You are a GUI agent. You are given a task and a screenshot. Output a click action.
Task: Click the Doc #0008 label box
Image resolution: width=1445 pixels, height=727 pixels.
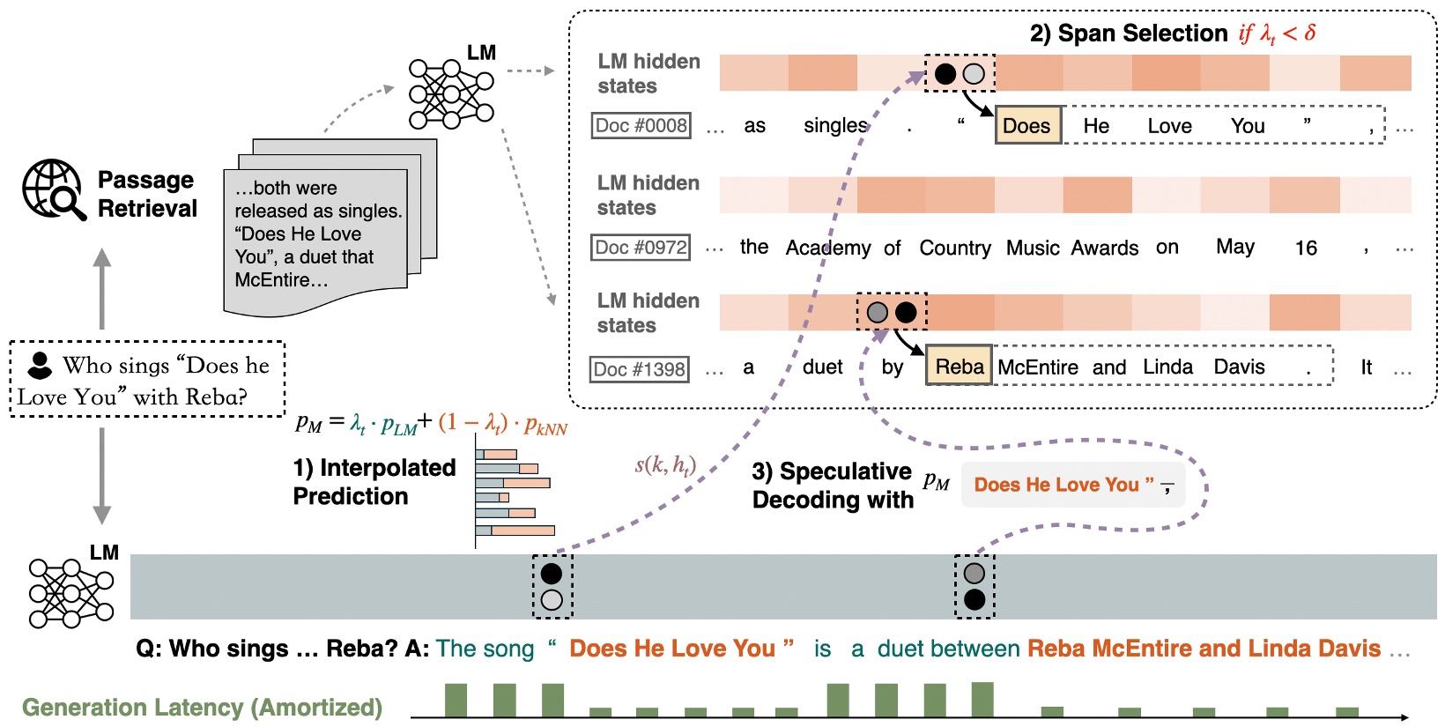(x=641, y=126)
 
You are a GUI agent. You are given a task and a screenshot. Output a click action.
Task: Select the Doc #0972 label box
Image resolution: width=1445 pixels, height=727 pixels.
(x=641, y=248)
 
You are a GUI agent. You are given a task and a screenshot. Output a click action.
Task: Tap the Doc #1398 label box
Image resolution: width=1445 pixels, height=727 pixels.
(x=640, y=369)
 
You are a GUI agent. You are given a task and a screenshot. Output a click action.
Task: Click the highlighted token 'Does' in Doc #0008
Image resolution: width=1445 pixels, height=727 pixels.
(x=1027, y=126)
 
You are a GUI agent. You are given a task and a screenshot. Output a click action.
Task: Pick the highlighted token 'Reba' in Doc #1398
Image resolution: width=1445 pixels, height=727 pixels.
(x=959, y=367)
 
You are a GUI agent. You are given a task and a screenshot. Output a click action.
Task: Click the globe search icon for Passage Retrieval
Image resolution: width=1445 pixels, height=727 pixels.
(x=54, y=189)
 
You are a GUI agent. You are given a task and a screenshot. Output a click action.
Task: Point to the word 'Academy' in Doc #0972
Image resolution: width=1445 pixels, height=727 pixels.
(x=827, y=249)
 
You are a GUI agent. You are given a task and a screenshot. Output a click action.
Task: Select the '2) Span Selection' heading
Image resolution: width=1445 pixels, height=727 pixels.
(x=1128, y=33)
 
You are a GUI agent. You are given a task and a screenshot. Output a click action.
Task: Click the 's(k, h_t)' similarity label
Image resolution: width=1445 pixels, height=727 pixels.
(x=665, y=465)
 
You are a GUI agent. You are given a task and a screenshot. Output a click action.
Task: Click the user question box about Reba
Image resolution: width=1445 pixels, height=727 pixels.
(x=147, y=380)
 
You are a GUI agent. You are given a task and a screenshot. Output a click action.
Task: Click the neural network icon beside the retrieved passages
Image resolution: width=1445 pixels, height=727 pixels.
(x=450, y=93)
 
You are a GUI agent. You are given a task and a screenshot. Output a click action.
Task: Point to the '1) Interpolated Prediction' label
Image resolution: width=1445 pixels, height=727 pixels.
(x=374, y=482)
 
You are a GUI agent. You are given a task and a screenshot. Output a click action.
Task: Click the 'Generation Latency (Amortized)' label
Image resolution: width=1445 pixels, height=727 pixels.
(x=202, y=708)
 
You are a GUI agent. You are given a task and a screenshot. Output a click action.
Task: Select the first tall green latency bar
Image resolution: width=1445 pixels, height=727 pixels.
(x=456, y=700)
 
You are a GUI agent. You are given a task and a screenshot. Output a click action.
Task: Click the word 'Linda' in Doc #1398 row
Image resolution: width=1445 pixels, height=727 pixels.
(x=1167, y=367)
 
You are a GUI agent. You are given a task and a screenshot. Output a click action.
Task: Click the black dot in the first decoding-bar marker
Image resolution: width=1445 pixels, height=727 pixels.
(x=552, y=574)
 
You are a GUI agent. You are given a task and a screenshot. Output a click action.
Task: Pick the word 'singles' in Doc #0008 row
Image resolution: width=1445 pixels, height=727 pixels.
(x=835, y=126)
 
